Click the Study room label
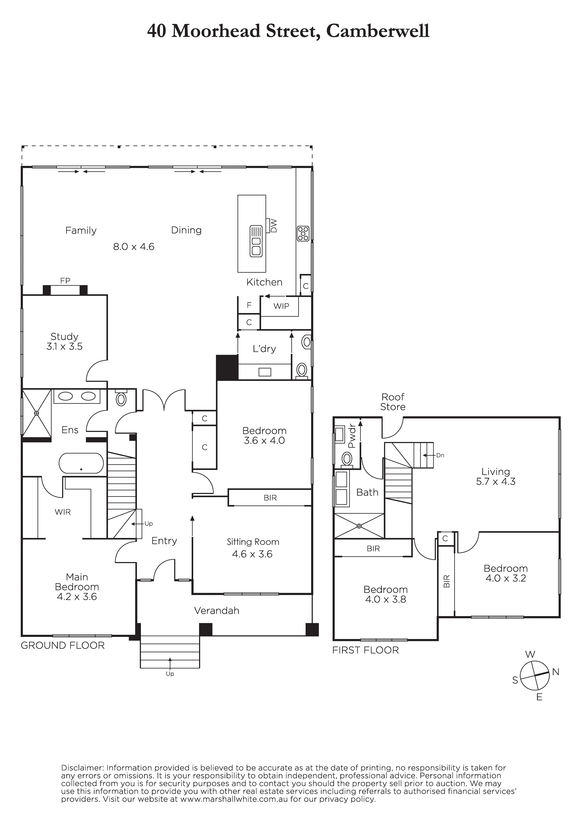point(64,337)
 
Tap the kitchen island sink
point(256,241)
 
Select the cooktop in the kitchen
point(303,233)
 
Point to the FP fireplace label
point(65,281)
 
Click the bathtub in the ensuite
point(81,463)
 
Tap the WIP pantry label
point(281,306)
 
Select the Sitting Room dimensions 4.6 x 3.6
point(252,554)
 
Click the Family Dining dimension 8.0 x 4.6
point(134,247)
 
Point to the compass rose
point(534,676)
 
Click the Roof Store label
point(393,402)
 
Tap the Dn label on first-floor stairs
point(440,455)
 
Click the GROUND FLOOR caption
point(63,646)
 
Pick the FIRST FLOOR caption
point(365,650)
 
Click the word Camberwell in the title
point(378,31)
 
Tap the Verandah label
point(217,611)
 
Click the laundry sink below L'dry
point(265,372)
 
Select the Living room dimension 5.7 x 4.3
point(496,481)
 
